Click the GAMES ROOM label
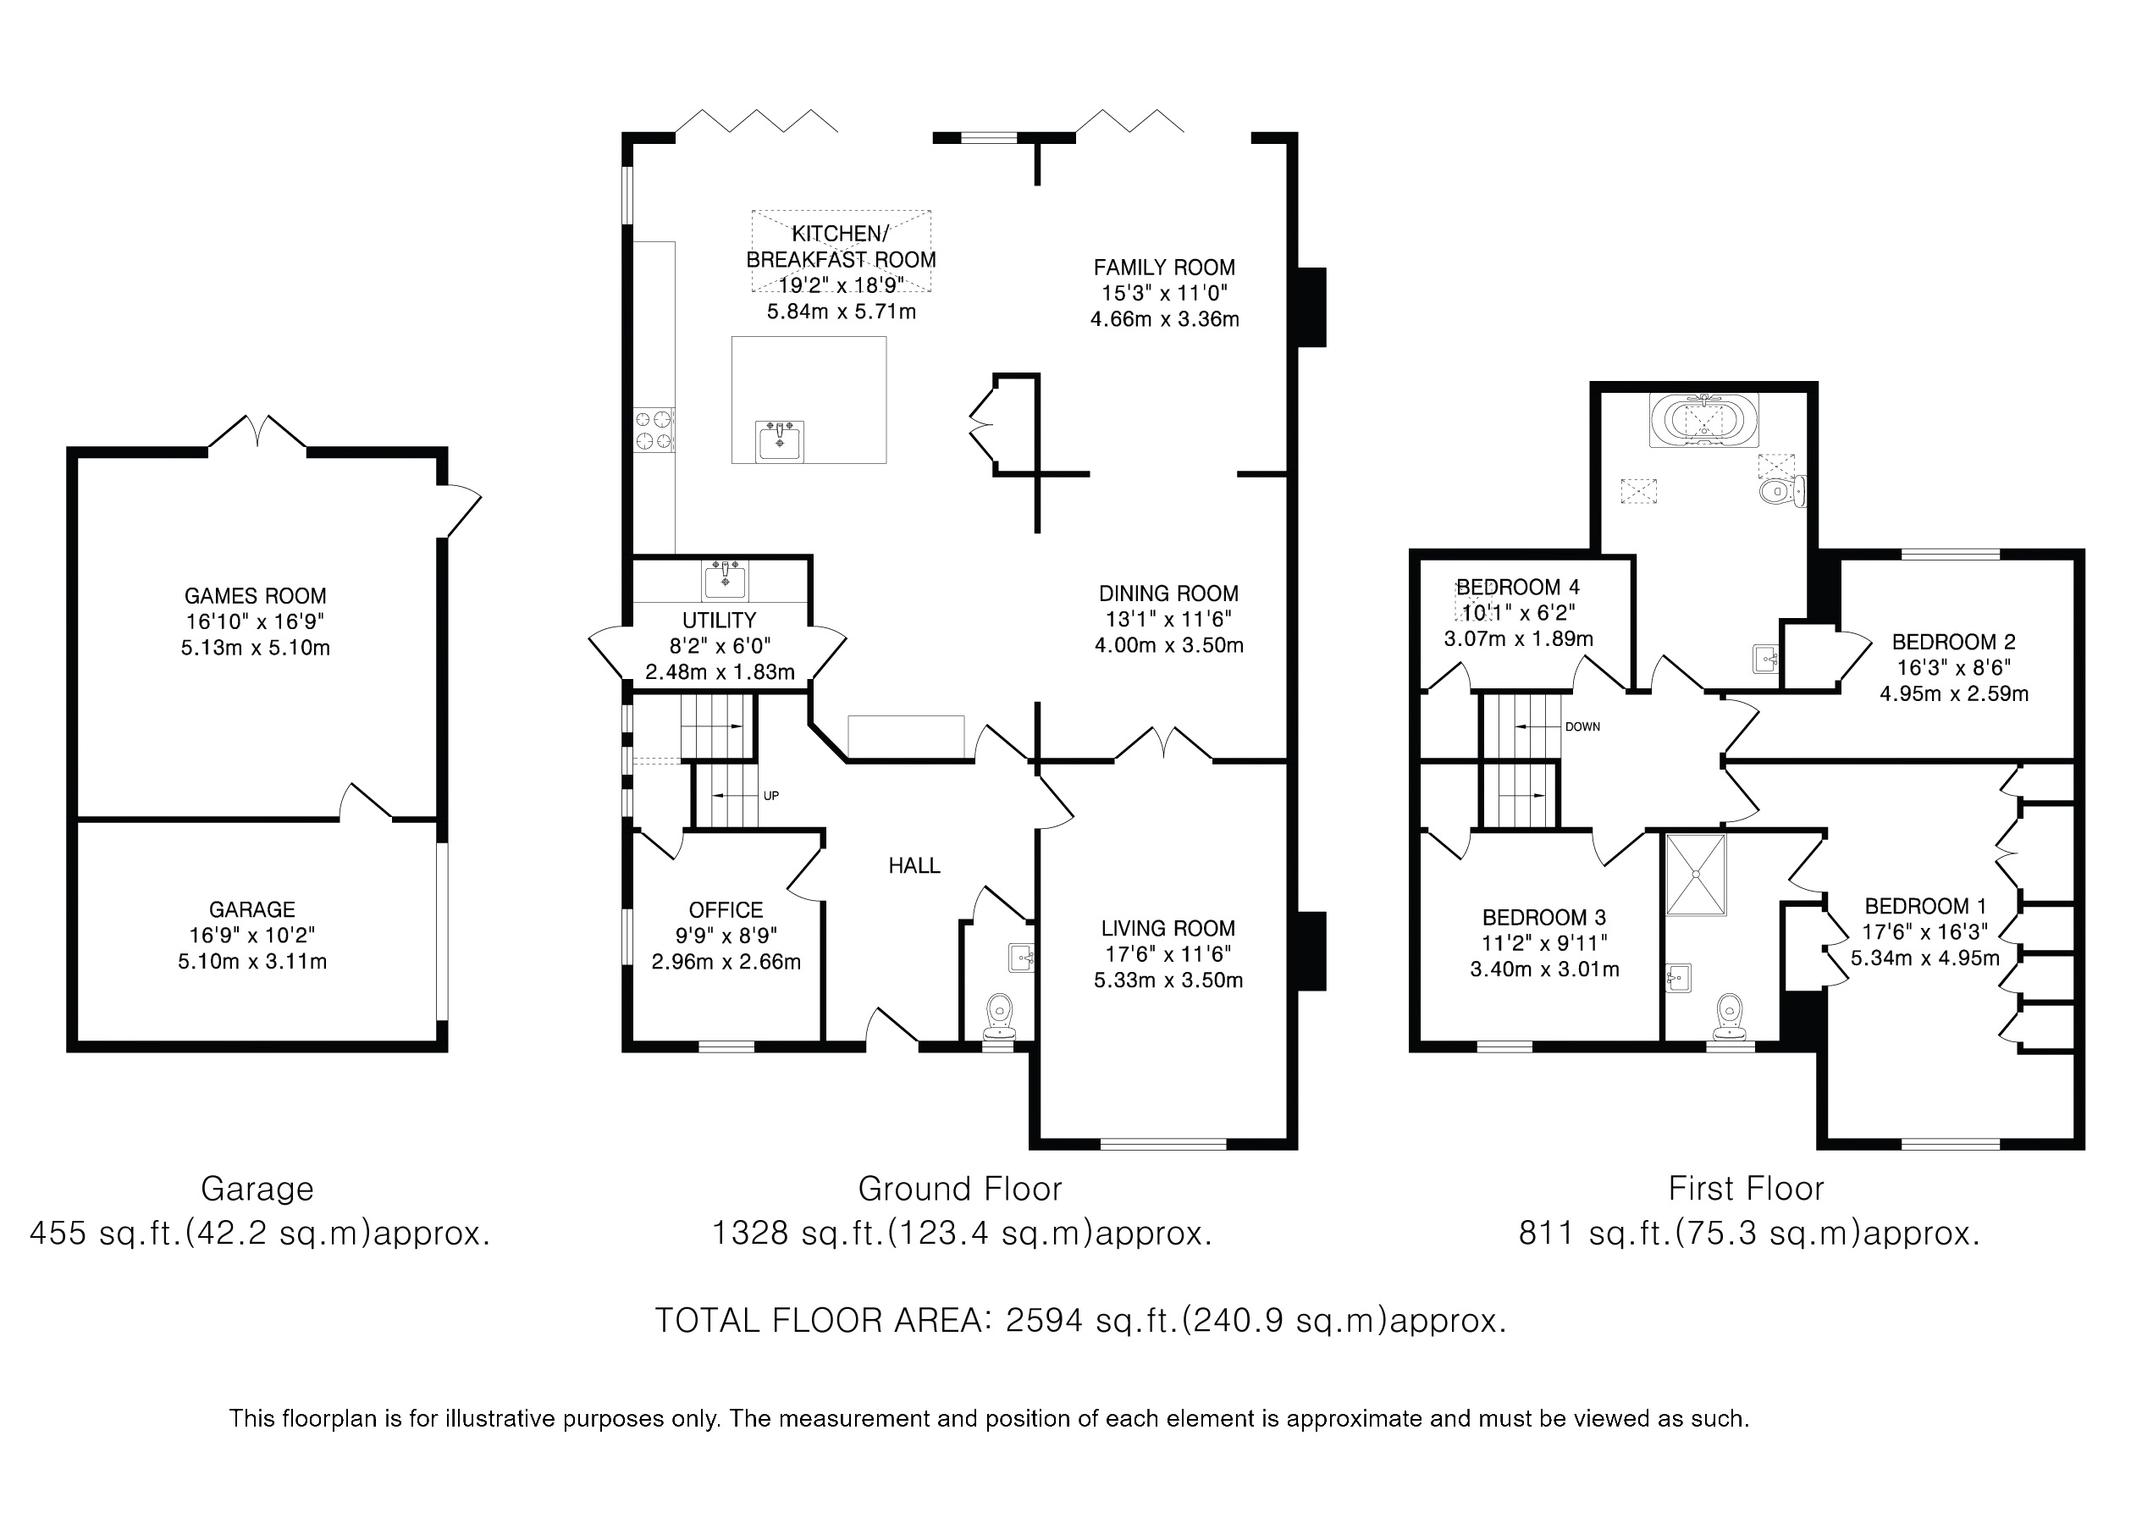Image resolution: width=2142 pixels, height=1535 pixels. coord(255,596)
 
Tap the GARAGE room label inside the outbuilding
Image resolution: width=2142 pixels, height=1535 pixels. coord(252,909)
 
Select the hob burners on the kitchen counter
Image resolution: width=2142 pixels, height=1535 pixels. coord(654,429)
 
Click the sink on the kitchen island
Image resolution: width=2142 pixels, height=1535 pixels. coord(779,441)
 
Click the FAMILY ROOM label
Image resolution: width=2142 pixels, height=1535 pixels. coord(1164,268)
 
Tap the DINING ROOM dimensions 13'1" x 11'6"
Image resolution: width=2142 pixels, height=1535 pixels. coord(1169,620)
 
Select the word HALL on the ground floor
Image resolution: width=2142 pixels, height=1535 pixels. coord(914,865)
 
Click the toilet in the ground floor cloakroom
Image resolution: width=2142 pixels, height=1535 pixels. coord(999,1016)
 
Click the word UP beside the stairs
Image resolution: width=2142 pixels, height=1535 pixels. coord(770,797)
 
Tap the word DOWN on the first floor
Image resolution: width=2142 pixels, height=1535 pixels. coord(1583,727)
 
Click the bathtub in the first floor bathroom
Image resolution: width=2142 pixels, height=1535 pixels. coord(1705,420)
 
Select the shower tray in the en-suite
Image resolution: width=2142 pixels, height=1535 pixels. coord(1696,875)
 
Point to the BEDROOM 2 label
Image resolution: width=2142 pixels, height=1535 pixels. coord(1954,643)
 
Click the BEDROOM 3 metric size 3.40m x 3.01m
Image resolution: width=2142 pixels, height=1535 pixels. coord(1544,969)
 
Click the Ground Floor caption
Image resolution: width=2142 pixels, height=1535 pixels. coord(959,1189)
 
